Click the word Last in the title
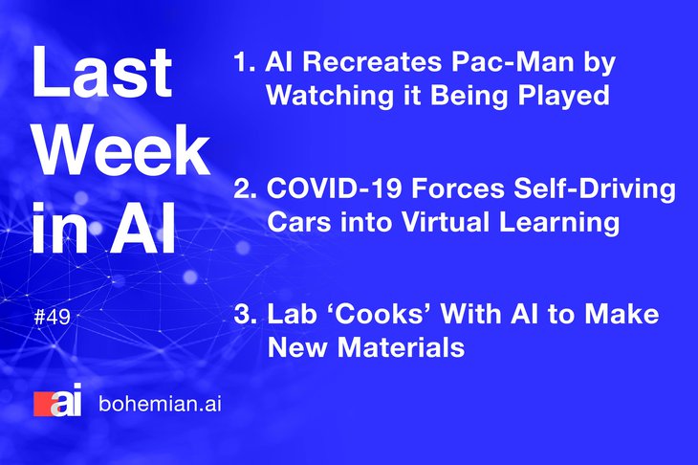coord(101,72)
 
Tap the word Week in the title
coord(122,150)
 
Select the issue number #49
coord(52,317)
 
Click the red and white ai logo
coord(58,400)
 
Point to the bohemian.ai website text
coord(160,404)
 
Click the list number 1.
coord(244,61)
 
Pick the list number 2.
coord(246,188)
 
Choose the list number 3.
coord(246,314)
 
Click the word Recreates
coord(372,61)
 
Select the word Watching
coord(330,96)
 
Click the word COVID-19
coord(335,188)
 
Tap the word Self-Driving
coord(595,189)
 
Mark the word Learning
coord(558,223)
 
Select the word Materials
coord(401,347)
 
